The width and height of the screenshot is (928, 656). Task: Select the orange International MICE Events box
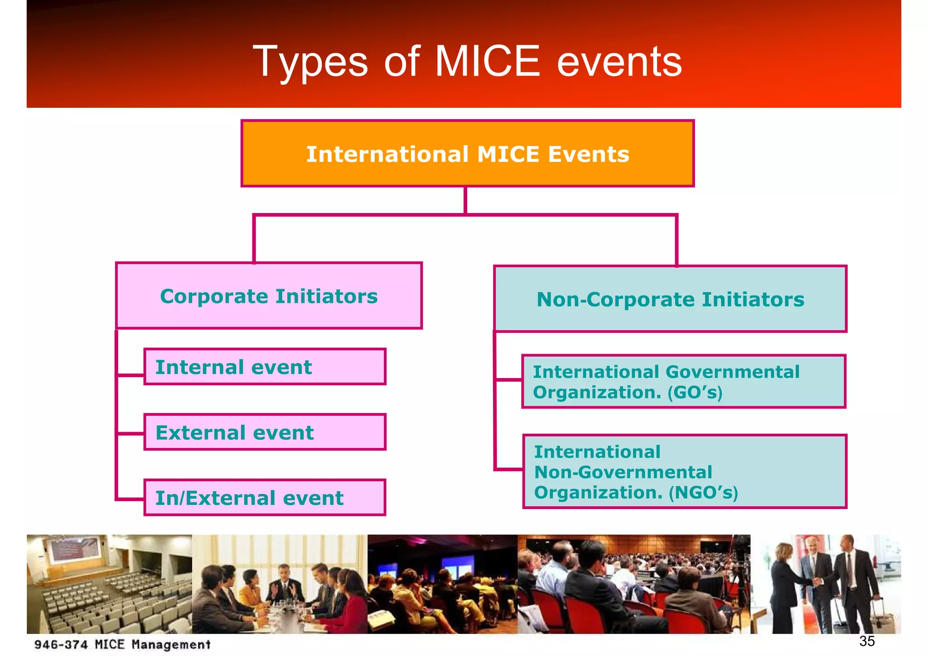pos(467,154)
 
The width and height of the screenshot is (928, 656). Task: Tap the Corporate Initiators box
pos(269,296)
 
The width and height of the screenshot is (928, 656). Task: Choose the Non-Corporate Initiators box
pos(670,299)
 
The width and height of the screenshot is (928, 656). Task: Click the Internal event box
pos(265,367)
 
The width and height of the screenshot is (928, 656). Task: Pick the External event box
pos(265,432)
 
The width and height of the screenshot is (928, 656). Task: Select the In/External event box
pos(265,497)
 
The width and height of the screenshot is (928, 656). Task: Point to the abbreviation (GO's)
pos(695,392)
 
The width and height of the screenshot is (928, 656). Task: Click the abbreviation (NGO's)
pos(703,492)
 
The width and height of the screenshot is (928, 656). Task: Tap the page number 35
pos(867,641)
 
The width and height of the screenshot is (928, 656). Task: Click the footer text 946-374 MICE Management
pos(122,644)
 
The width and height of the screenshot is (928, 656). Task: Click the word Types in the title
pos(310,62)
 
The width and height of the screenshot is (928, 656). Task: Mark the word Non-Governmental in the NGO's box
pos(623,472)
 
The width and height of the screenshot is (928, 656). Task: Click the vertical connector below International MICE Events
pos(465,200)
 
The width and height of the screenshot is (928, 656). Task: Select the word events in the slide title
pos(619,62)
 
